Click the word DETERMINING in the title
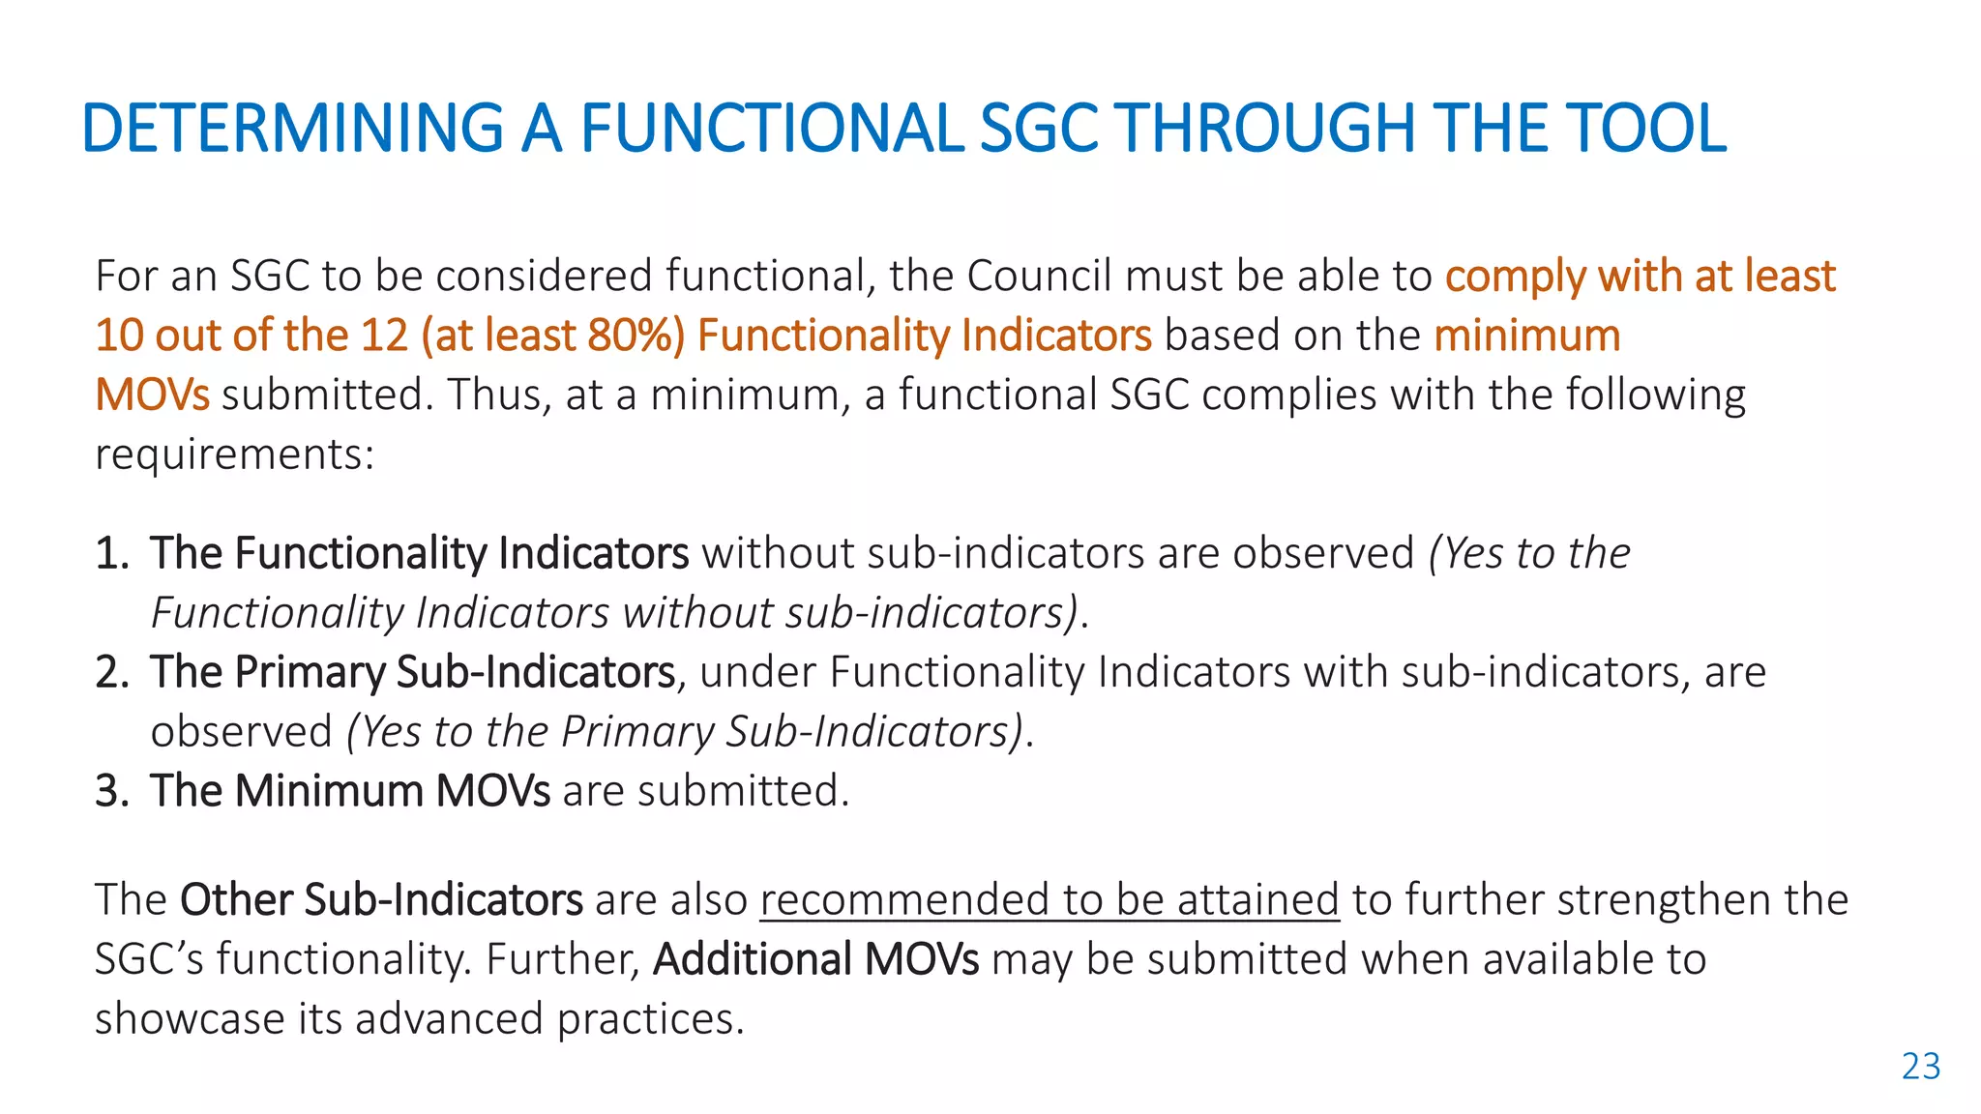tap(292, 129)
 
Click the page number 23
tap(1920, 1067)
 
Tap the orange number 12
tap(384, 336)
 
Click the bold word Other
tap(235, 900)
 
